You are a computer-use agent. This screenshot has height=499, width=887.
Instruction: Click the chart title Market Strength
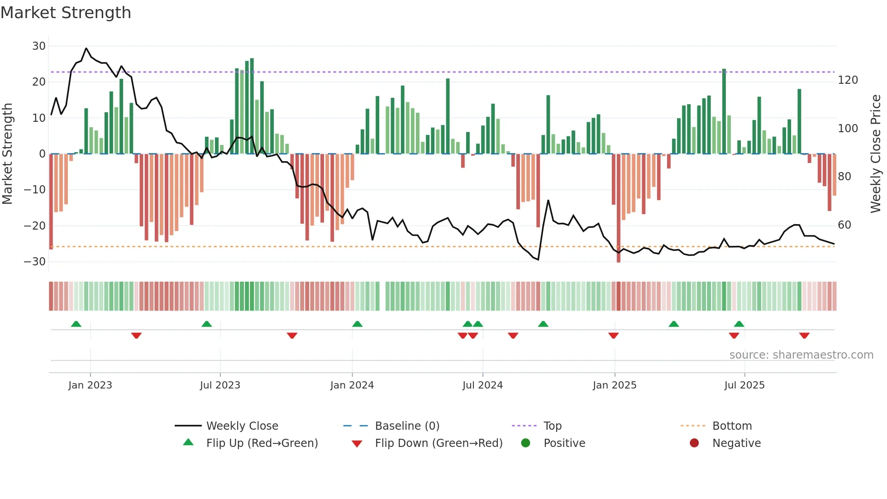[x=66, y=13]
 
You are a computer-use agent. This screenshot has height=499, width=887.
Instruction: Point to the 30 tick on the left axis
[x=39, y=46]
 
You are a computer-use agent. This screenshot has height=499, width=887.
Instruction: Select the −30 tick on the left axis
[x=35, y=262]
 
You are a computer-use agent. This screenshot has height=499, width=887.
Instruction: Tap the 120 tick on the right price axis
[x=848, y=80]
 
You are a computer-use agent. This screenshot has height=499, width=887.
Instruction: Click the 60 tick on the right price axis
[x=844, y=225]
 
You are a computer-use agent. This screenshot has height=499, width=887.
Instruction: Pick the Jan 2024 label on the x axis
[x=352, y=385]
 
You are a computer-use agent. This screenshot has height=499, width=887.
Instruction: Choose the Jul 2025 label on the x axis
[x=744, y=385]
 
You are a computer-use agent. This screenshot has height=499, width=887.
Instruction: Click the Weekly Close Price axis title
[x=876, y=154]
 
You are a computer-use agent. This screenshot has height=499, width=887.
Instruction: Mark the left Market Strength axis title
[x=7, y=154]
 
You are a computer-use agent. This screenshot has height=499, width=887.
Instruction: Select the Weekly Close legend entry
[x=242, y=426]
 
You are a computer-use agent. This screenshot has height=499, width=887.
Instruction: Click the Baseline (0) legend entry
[x=407, y=426]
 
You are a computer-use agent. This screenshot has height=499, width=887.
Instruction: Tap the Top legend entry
[x=552, y=426]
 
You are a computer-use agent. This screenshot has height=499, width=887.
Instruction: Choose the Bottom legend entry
[x=732, y=426]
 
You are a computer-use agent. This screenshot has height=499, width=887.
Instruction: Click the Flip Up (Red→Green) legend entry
[x=262, y=443]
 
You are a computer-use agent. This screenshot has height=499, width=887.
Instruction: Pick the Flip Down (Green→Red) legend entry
[x=439, y=443]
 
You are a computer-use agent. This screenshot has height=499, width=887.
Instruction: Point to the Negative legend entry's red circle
[x=694, y=443]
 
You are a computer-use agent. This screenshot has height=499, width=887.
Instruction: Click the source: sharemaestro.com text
[x=801, y=355]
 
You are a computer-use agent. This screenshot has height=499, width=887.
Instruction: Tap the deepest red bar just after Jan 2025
[x=619, y=208]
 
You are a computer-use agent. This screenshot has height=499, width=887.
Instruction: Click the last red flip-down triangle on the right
[x=804, y=336]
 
